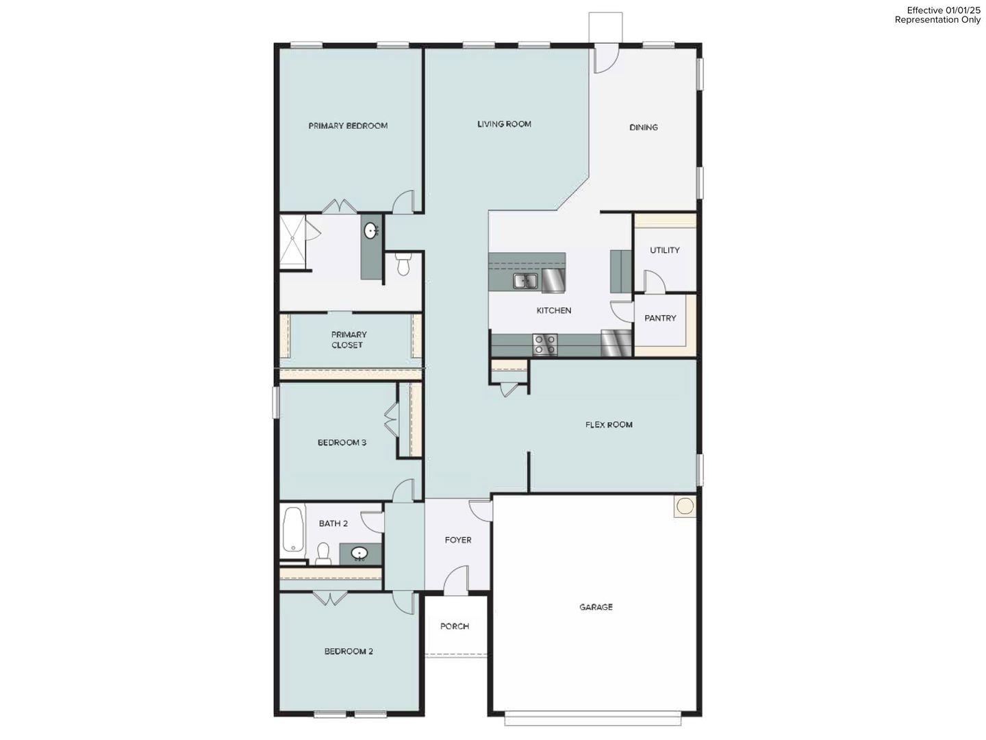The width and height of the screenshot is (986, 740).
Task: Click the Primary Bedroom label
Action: (x=348, y=125)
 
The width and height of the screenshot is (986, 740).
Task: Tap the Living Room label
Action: (x=504, y=124)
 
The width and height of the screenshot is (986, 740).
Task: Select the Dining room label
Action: (x=643, y=127)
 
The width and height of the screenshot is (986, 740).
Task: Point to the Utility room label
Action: (x=664, y=250)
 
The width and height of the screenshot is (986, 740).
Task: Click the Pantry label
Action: (x=660, y=318)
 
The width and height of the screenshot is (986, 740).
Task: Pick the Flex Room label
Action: (x=609, y=425)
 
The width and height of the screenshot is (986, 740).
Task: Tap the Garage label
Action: (x=596, y=607)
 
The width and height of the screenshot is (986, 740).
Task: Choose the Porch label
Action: (x=455, y=626)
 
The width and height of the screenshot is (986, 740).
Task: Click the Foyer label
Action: (x=458, y=540)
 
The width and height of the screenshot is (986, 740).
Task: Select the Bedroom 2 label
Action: (x=349, y=652)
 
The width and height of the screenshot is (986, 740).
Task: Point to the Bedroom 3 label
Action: (x=342, y=443)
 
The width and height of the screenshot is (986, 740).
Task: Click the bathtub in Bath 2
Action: (x=293, y=529)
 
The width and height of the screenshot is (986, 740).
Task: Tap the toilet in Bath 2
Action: (x=324, y=553)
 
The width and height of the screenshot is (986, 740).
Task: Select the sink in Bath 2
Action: (x=359, y=554)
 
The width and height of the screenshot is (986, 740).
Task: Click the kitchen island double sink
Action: (x=525, y=280)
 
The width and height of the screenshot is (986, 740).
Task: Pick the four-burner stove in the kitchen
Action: (x=545, y=344)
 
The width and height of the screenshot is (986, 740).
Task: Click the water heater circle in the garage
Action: (x=685, y=506)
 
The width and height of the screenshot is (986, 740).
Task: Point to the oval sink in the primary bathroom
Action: (x=371, y=231)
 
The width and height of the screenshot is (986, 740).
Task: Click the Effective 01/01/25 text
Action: (x=944, y=10)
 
